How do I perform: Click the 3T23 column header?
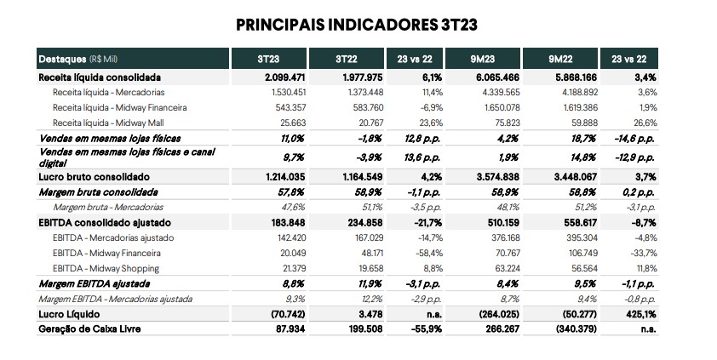click(x=268, y=59)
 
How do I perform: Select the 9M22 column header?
click(x=560, y=59)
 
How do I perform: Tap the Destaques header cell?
click(x=133, y=59)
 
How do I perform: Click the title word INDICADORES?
click(x=383, y=25)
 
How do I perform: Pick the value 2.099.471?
click(x=285, y=77)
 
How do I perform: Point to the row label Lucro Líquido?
click(x=69, y=314)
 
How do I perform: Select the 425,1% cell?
click(x=641, y=314)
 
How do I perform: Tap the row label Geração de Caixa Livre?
click(x=89, y=329)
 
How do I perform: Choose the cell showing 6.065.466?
click(x=499, y=77)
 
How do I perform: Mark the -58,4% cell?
click(x=430, y=253)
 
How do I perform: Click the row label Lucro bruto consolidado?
click(x=95, y=177)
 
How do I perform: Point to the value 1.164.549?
click(x=363, y=177)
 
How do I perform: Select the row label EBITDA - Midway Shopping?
click(x=106, y=268)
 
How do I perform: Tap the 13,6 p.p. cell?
click(x=422, y=157)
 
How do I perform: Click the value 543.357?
click(x=289, y=108)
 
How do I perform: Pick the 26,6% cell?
click(x=645, y=123)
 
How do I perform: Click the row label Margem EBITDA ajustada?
click(x=95, y=283)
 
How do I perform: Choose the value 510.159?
click(x=502, y=223)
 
